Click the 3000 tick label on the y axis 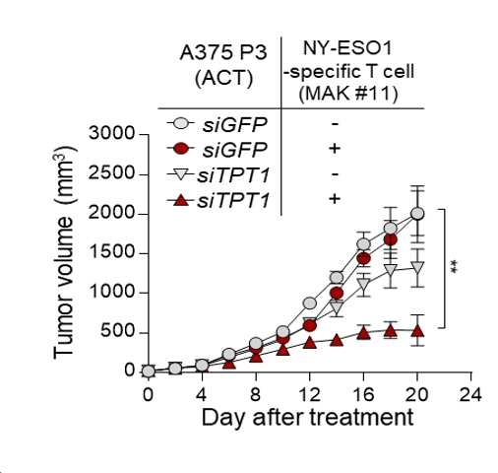[x=111, y=133]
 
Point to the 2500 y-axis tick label [x=111, y=172]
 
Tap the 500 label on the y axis [x=117, y=331]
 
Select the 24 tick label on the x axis [x=470, y=394]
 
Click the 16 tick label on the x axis [x=363, y=394]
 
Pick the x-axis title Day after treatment [x=307, y=418]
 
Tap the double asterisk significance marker [x=455, y=267]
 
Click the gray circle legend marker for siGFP [x=180, y=123]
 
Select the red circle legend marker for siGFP [x=180, y=149]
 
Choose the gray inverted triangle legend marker [x=180, y=174]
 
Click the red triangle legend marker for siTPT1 [x=180, y=199]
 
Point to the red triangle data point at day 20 [x=417, y=331]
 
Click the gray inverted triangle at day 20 [x=417, y=267]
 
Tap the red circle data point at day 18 [x=391, y=240]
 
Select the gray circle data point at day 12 [x=310, y=304]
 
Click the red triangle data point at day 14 [x=337, y=340]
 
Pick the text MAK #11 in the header [x=348, y=94]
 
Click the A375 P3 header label [x=223, y=53]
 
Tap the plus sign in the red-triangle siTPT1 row [x=335, y=199]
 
